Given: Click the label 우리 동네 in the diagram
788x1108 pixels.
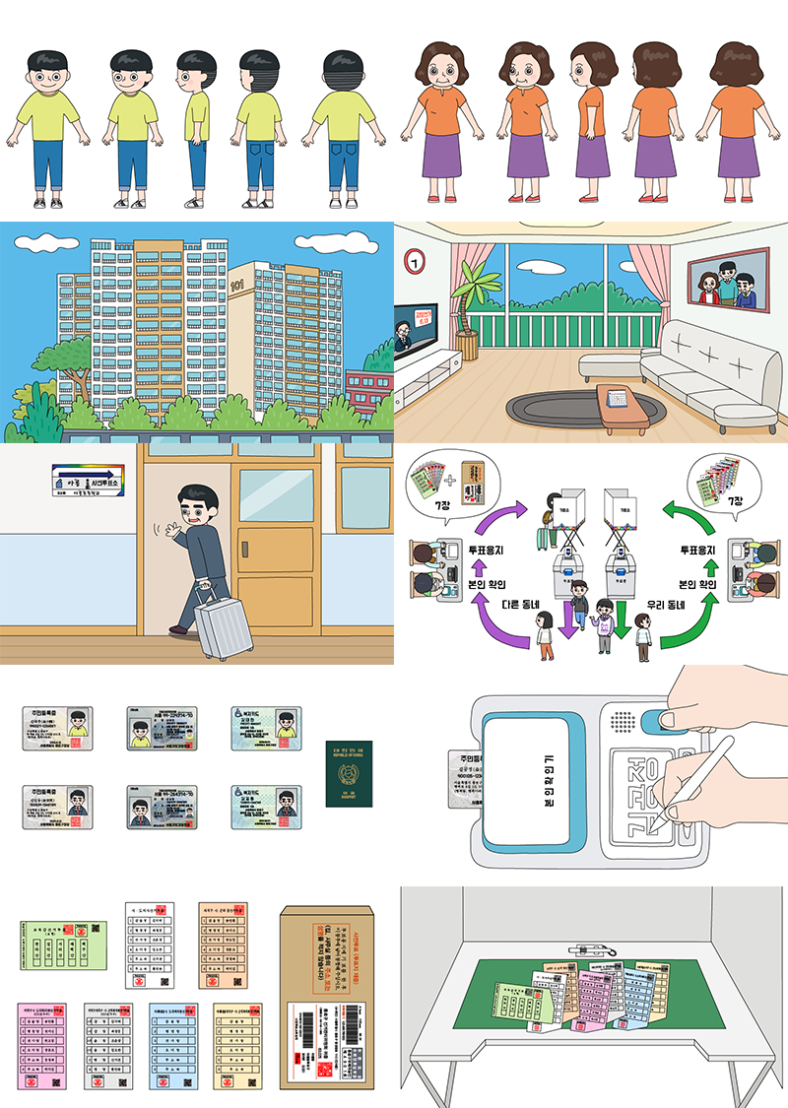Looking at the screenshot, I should pyautogui.click(x=667, y=605).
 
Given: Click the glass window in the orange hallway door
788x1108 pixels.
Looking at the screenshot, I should pyautogui.click(x=277, y=495).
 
